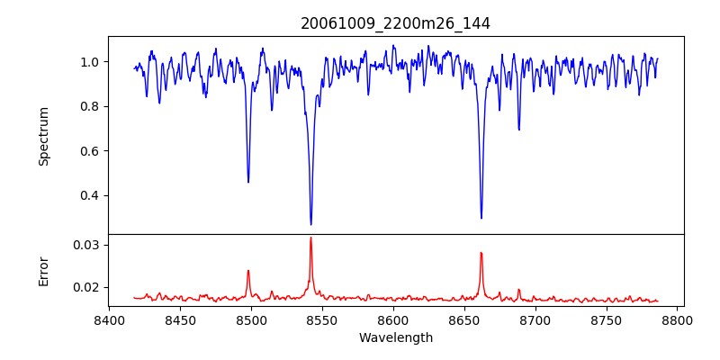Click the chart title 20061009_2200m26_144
[395, 23]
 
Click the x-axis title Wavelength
[395, 337]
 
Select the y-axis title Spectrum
[43, 136]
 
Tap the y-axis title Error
[43, 271]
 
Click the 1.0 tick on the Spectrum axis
[91, 62]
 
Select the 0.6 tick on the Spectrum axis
[91, 151]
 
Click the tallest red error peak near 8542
[310, 238]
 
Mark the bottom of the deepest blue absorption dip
[310, 224]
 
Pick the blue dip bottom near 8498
[248, 182]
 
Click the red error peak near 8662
[481, 253]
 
